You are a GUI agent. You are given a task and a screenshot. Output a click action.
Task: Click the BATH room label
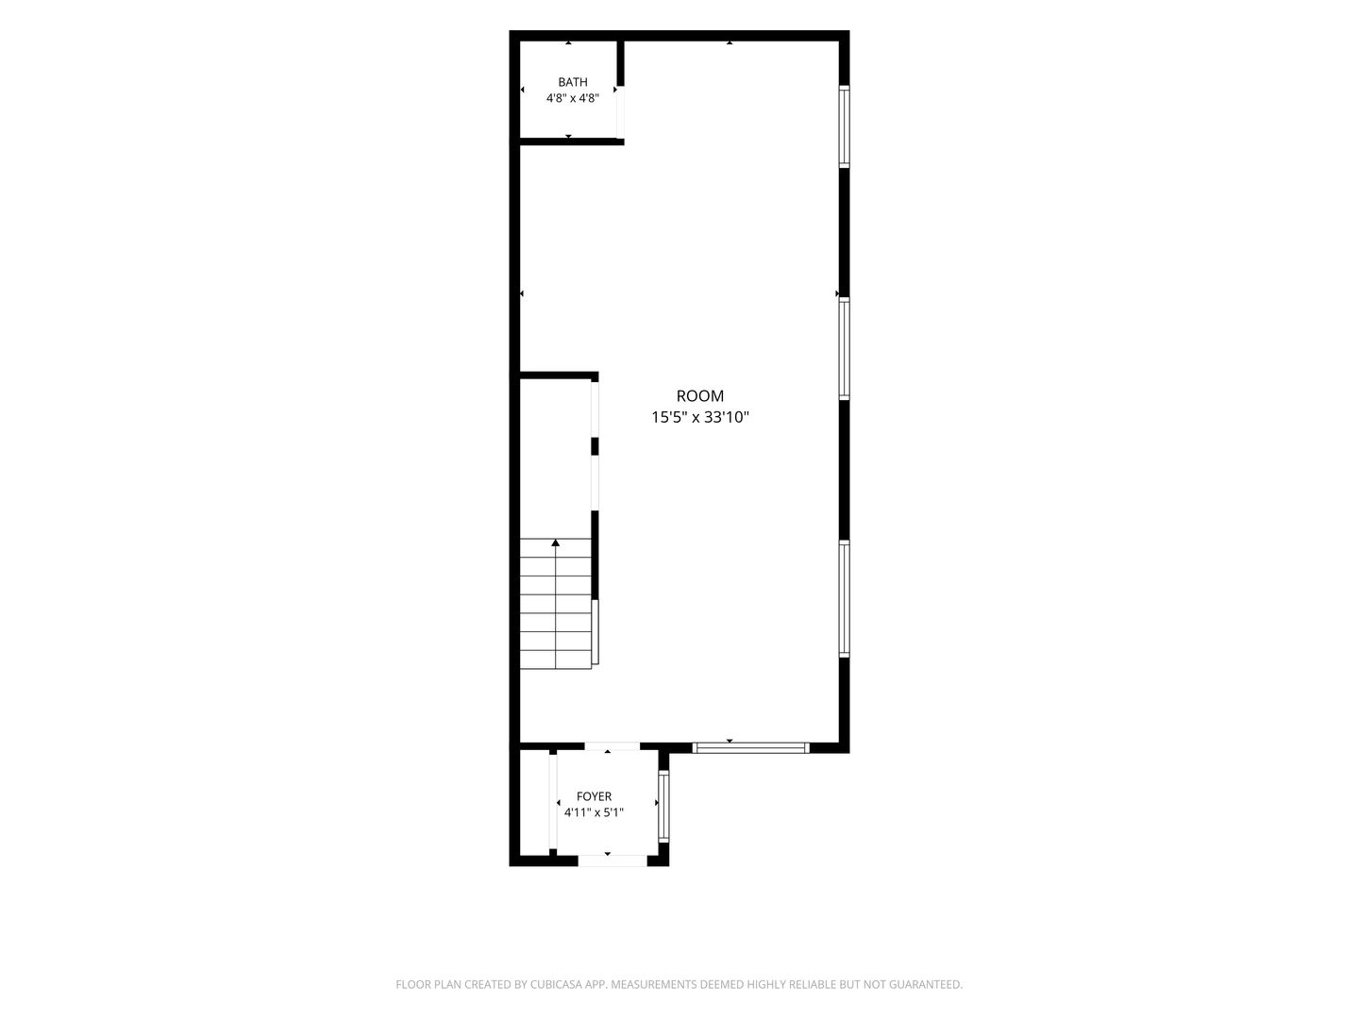pos(572,82)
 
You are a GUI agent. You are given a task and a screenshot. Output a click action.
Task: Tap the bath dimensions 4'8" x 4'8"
pos(572,98)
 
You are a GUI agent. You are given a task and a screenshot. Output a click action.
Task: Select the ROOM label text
pos(699,396)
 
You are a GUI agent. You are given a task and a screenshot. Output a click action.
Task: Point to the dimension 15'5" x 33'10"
pos(699,418)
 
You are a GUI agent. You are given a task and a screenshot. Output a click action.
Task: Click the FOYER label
pos(594,796)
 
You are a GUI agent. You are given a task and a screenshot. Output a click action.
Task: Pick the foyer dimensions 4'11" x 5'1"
pos(594,812)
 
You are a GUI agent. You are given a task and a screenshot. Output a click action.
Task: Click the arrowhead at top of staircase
pos(555,543)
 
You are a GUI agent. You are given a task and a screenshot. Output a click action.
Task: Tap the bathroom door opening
pos(620,112)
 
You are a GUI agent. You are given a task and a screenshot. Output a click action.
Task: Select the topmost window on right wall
pos(844,126)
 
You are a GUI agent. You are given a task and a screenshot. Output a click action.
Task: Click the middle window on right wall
pos(844,348)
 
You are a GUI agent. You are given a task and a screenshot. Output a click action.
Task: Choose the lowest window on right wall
pos(844,598)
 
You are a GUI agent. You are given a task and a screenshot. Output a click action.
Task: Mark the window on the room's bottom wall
pos(750,748)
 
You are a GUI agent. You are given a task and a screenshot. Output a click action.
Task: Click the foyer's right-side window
pos(663,806)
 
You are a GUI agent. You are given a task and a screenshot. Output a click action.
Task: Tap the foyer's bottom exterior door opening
pos(612,860)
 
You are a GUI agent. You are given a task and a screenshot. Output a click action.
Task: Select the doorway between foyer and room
pos(612,746)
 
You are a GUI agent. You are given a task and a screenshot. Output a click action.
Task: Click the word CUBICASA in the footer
pos(557,984)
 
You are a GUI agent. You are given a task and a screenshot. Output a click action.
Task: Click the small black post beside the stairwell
pos(595,446)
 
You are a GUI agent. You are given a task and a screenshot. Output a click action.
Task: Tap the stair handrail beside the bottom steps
pos(595,632)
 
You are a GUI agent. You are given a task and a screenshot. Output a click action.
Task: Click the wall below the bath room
pos(571,142)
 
